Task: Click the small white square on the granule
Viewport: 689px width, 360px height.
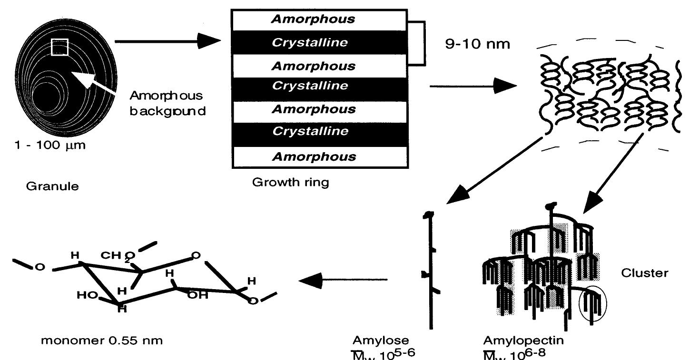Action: (x=60, y=48)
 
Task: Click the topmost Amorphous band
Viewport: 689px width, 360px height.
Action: (x=319, y=19)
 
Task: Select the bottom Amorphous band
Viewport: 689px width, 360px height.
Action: (x=319, y=156)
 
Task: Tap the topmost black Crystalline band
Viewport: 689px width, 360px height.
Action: (x=319, y=42)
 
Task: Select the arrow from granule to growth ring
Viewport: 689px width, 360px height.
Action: (x=168, y=42)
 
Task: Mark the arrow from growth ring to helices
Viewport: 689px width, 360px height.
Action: (x=473, y=87)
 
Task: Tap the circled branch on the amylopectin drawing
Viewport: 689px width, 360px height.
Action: (x=593, y=304)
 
